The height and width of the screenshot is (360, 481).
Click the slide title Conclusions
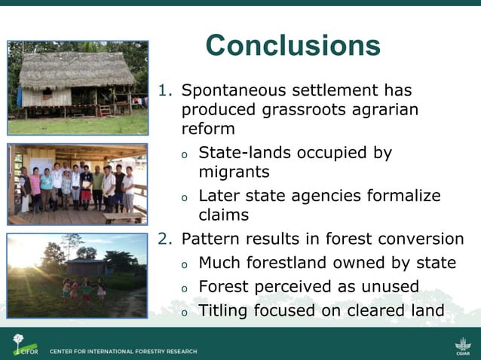293,45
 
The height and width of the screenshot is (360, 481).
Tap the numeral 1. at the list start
165,90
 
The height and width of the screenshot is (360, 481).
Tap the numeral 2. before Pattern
165,239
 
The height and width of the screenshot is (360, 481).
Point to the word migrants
234,172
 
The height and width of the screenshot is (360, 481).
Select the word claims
222,215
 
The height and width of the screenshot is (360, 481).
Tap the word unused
397,287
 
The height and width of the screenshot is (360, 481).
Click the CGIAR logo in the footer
462,346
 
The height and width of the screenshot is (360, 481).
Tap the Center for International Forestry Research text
123,352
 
